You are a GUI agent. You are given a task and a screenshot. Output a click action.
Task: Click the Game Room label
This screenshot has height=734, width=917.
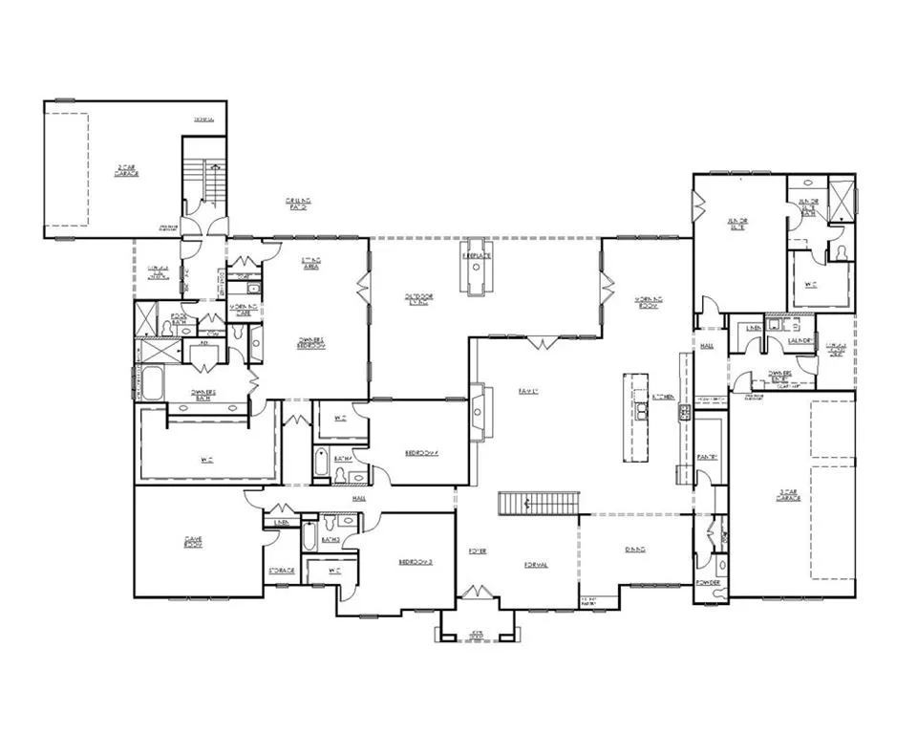tap(193, 542)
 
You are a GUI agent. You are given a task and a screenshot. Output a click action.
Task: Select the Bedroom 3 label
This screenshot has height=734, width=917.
tap(416, 563)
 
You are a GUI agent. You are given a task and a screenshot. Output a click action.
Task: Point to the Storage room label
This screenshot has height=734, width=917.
tap(282, 571)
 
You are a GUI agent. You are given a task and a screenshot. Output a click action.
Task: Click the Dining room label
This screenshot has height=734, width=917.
tap(635, 550)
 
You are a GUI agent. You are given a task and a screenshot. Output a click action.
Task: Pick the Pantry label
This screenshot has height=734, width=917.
tap(707, 456)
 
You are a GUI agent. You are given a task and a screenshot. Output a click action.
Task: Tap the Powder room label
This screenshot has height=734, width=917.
tap(708, 581)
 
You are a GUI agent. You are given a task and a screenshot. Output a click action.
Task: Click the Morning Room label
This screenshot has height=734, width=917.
tap(650, 303)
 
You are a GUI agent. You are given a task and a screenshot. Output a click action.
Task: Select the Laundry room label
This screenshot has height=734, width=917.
tap(800, 341)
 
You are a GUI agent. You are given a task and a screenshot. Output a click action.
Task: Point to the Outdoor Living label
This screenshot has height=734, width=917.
tap(417, 300)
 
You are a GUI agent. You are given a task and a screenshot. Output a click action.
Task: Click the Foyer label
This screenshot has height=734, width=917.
tap(478, 552)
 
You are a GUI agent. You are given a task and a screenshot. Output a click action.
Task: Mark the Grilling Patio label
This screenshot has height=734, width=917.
tap(299, 203)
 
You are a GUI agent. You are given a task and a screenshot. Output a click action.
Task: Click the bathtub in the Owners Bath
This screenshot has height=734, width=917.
tap(150, 383)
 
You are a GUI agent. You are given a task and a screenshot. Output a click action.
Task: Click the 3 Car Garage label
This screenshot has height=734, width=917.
tap(788, 496)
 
